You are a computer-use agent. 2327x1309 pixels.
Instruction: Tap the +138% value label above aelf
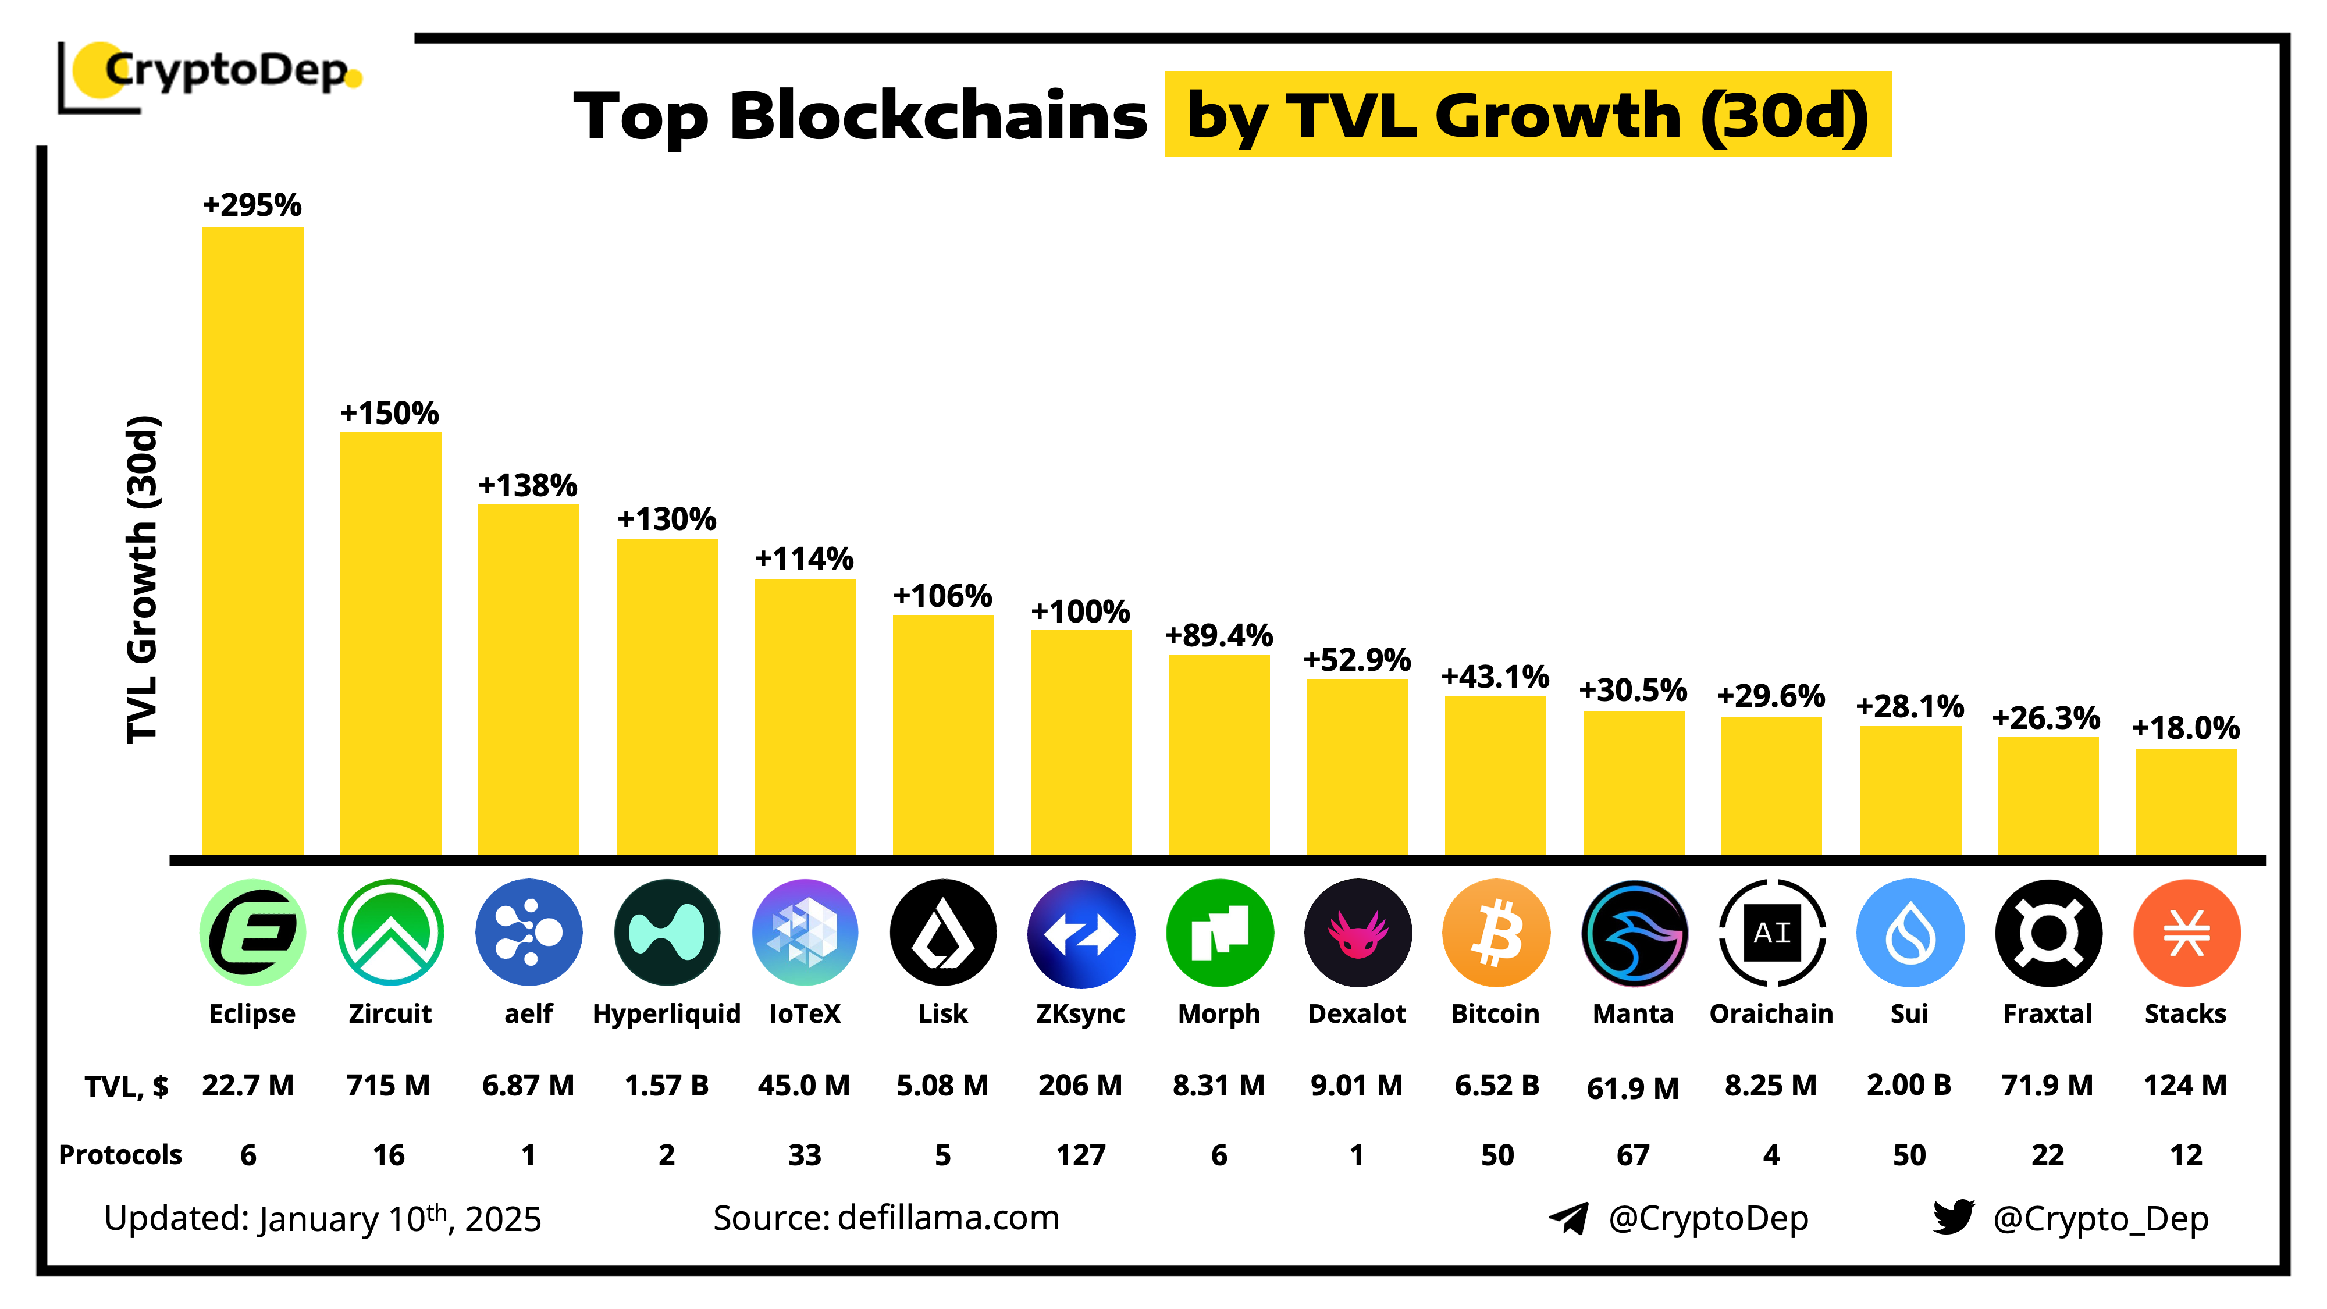(x=528, y=485)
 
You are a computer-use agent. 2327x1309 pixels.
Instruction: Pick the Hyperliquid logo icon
(x=667, y=932)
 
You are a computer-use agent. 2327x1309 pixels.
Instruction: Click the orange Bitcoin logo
(x=1496, y=932)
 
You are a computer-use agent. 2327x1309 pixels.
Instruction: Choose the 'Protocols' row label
(x=120, y=1154)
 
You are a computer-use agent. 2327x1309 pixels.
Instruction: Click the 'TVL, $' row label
(x=126, y=1086)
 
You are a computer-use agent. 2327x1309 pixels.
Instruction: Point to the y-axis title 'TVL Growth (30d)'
(x=142, y=579)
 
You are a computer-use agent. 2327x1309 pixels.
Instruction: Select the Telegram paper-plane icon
(x=1569, y=1218)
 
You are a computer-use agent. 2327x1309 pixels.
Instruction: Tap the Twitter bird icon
(x=1953, y=1217)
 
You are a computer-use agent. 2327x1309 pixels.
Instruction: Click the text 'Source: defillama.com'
(x=885, y=1218)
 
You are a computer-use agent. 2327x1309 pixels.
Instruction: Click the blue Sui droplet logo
(x=1910, y=932)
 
